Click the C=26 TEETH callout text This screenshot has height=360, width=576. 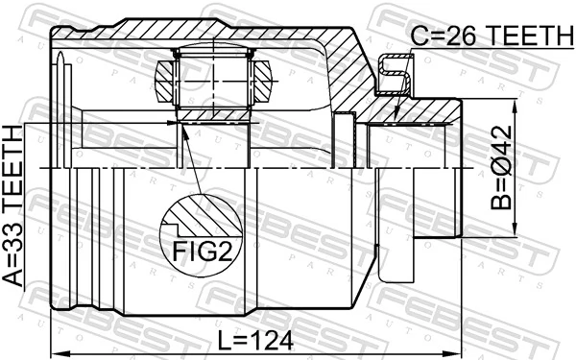point(491,36)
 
